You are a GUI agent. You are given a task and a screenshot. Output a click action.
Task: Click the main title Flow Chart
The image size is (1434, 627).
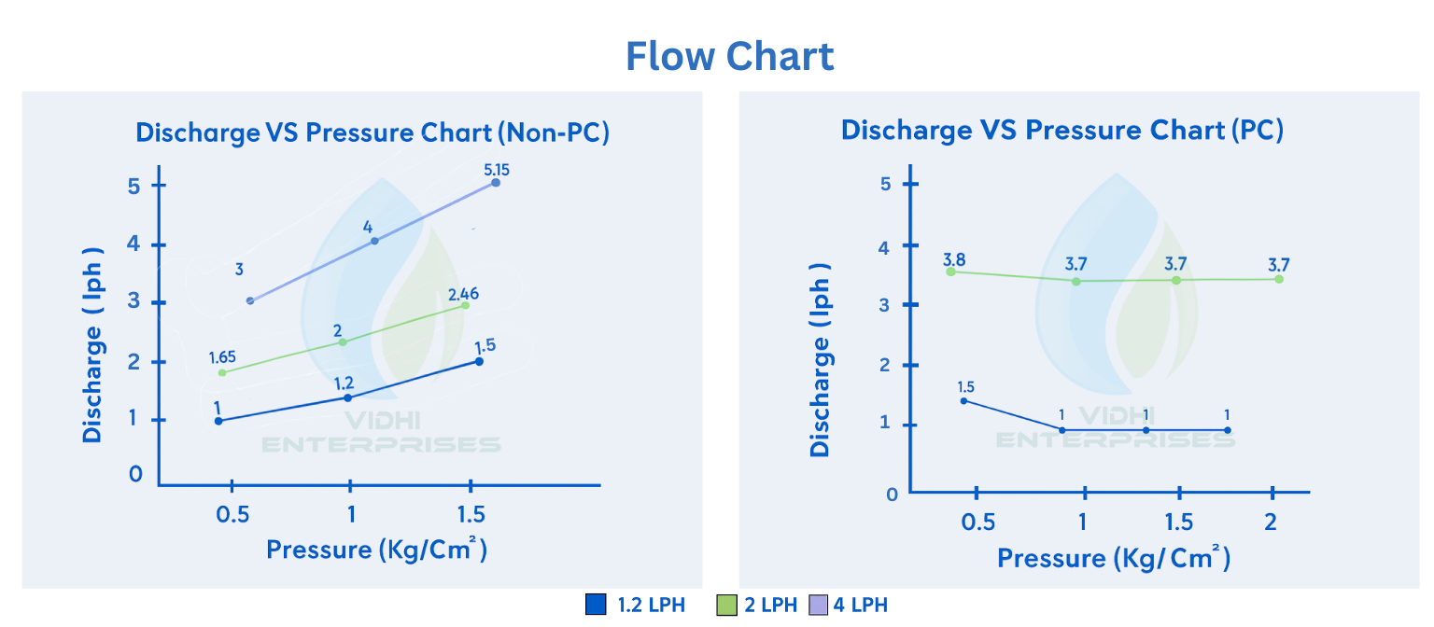coord(729,56)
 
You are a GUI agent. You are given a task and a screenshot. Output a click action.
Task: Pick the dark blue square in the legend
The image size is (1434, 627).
coord(596,605)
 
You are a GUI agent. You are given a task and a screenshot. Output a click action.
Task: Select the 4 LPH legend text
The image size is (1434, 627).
coord(860,605)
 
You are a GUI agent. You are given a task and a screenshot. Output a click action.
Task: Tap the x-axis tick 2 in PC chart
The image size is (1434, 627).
coord(1271,521)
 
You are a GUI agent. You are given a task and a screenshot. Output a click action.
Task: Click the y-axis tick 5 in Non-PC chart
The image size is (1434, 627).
coord(134,186)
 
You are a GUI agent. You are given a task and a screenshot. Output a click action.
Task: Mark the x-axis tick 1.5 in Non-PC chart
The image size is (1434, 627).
coord(471,515)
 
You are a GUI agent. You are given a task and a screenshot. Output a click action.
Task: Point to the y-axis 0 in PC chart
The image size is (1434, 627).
coord(891,495)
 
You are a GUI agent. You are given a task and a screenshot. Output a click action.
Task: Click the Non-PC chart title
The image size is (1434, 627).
coord(373,132)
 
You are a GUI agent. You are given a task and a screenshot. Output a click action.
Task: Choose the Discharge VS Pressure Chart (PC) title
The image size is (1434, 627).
coord(1062,130)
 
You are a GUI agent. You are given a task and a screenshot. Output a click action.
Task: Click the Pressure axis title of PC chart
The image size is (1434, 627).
coord(1114,558)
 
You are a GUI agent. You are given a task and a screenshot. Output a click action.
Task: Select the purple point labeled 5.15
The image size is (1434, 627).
coord(496,183)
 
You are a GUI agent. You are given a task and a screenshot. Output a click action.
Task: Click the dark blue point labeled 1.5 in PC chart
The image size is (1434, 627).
coord(963,401)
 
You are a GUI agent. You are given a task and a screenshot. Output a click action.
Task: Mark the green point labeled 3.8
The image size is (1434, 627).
coord(950,272)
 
